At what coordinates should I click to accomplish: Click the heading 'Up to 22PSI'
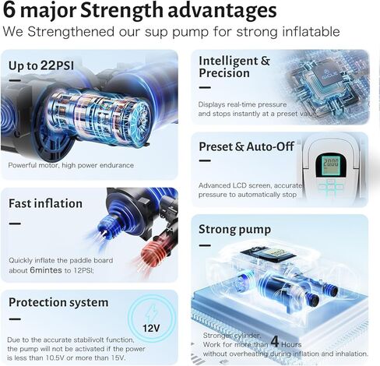coord(41,65)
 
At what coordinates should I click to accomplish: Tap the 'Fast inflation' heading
coord(45,203)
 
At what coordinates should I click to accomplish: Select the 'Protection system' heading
coord(58,303)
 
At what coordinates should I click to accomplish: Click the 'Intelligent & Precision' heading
coord(234,67)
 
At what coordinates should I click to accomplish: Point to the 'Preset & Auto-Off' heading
coord(246,146)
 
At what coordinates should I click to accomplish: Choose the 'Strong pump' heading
coord(234,230)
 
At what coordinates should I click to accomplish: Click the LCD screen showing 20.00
coord(331,164)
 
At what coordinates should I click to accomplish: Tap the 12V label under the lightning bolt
coord(151,329)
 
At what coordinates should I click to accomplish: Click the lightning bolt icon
coord(152,313)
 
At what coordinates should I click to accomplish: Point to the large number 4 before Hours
coord(275,342)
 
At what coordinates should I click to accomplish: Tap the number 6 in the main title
coord(9,10)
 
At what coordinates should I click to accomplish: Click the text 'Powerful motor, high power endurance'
coord(71,165)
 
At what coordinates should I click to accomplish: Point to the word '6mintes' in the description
coord(46,270)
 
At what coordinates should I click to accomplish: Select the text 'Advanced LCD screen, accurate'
coord(250,185)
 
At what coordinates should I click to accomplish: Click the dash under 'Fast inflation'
coord(15,223)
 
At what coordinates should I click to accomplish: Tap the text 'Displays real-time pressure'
coord(242,104)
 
